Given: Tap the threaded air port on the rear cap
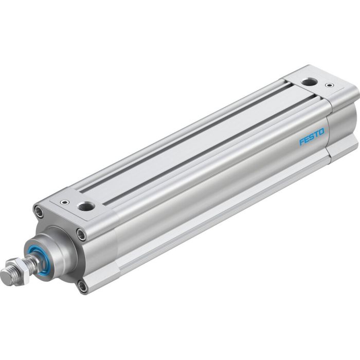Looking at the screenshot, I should click(x=309, y=81).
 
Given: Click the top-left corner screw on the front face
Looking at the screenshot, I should click(x=39, y=210).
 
